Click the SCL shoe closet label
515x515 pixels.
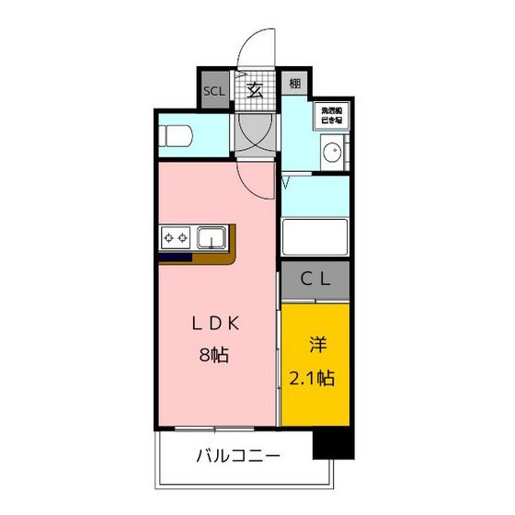click(212, 91)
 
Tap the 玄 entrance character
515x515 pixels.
click(254, 90)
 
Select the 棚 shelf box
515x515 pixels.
click(292, 85)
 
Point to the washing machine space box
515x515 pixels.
click(330, 114)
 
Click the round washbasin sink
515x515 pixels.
click(331, 154)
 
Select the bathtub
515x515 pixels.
click(315, 236)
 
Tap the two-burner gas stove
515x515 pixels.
click(176, 239)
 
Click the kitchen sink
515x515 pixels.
click(212, 239)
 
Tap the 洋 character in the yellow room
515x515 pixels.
click(317, 346)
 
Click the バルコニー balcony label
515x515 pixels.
click(237, 455)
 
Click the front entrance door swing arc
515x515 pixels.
click(259, 46)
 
